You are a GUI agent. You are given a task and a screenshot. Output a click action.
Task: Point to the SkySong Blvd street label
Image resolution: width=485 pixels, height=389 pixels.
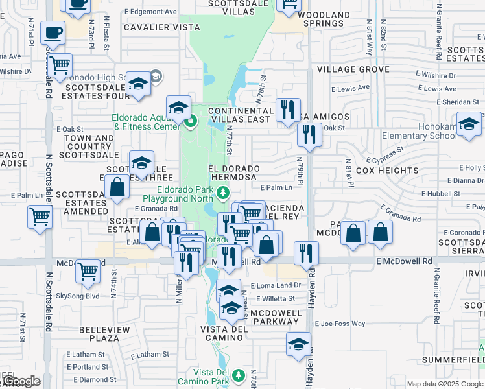78,296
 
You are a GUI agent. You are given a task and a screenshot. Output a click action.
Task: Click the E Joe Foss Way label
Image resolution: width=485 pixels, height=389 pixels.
341,323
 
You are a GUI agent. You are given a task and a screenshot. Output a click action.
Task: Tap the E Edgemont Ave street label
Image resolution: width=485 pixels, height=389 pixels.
150,12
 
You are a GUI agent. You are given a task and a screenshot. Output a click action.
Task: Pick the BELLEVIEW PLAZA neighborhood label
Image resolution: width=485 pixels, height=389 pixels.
104,334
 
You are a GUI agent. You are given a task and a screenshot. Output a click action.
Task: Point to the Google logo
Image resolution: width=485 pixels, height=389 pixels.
21,382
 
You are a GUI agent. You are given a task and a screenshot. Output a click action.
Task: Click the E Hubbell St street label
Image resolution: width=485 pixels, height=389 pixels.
439,193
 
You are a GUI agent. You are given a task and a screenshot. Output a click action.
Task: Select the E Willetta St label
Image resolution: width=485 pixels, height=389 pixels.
275,299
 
